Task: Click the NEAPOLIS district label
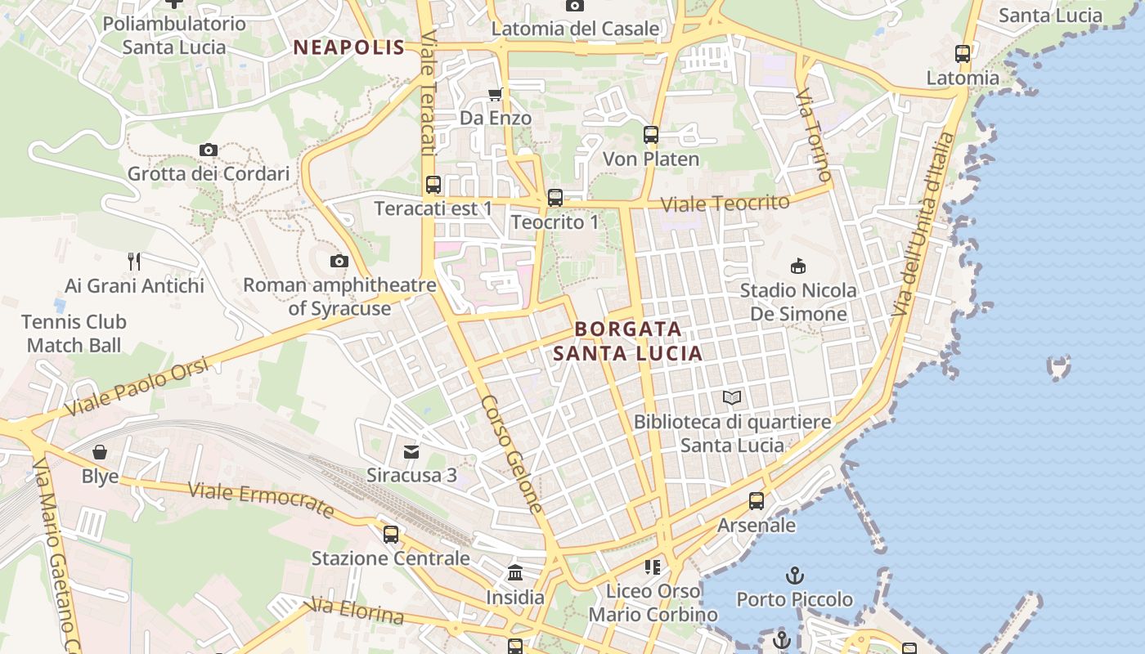click(349, 47)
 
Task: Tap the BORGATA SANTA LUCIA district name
click(628, 341)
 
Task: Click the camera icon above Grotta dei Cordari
click(209, 150)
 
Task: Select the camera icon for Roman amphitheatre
click(339, 261)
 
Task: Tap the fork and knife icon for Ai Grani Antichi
click(135, 262)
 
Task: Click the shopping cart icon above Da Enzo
click(495, 95)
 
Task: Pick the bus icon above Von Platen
click(651, 135)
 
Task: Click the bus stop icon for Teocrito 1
click(555, 198)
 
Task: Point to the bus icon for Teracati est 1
click(433, 185)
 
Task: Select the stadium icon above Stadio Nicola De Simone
click(798, 266)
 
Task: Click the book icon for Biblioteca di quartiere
click(732, 398)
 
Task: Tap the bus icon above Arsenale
click(757, 501)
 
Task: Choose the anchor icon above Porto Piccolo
click(795, 576)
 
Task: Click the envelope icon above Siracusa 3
click(411, 451)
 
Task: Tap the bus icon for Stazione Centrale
click(391, 535)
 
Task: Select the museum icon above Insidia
click(515, 573)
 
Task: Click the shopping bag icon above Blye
click(100, 452)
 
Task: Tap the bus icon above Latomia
click(963, 54)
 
